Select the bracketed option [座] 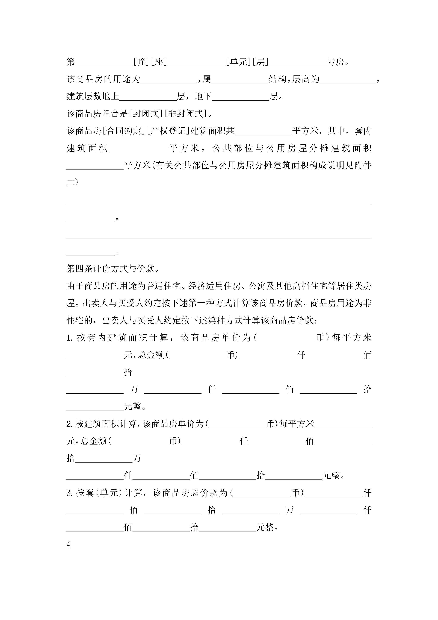tap(159, 62)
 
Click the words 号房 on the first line tap(336, 62)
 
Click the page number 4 tap(69, 545)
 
